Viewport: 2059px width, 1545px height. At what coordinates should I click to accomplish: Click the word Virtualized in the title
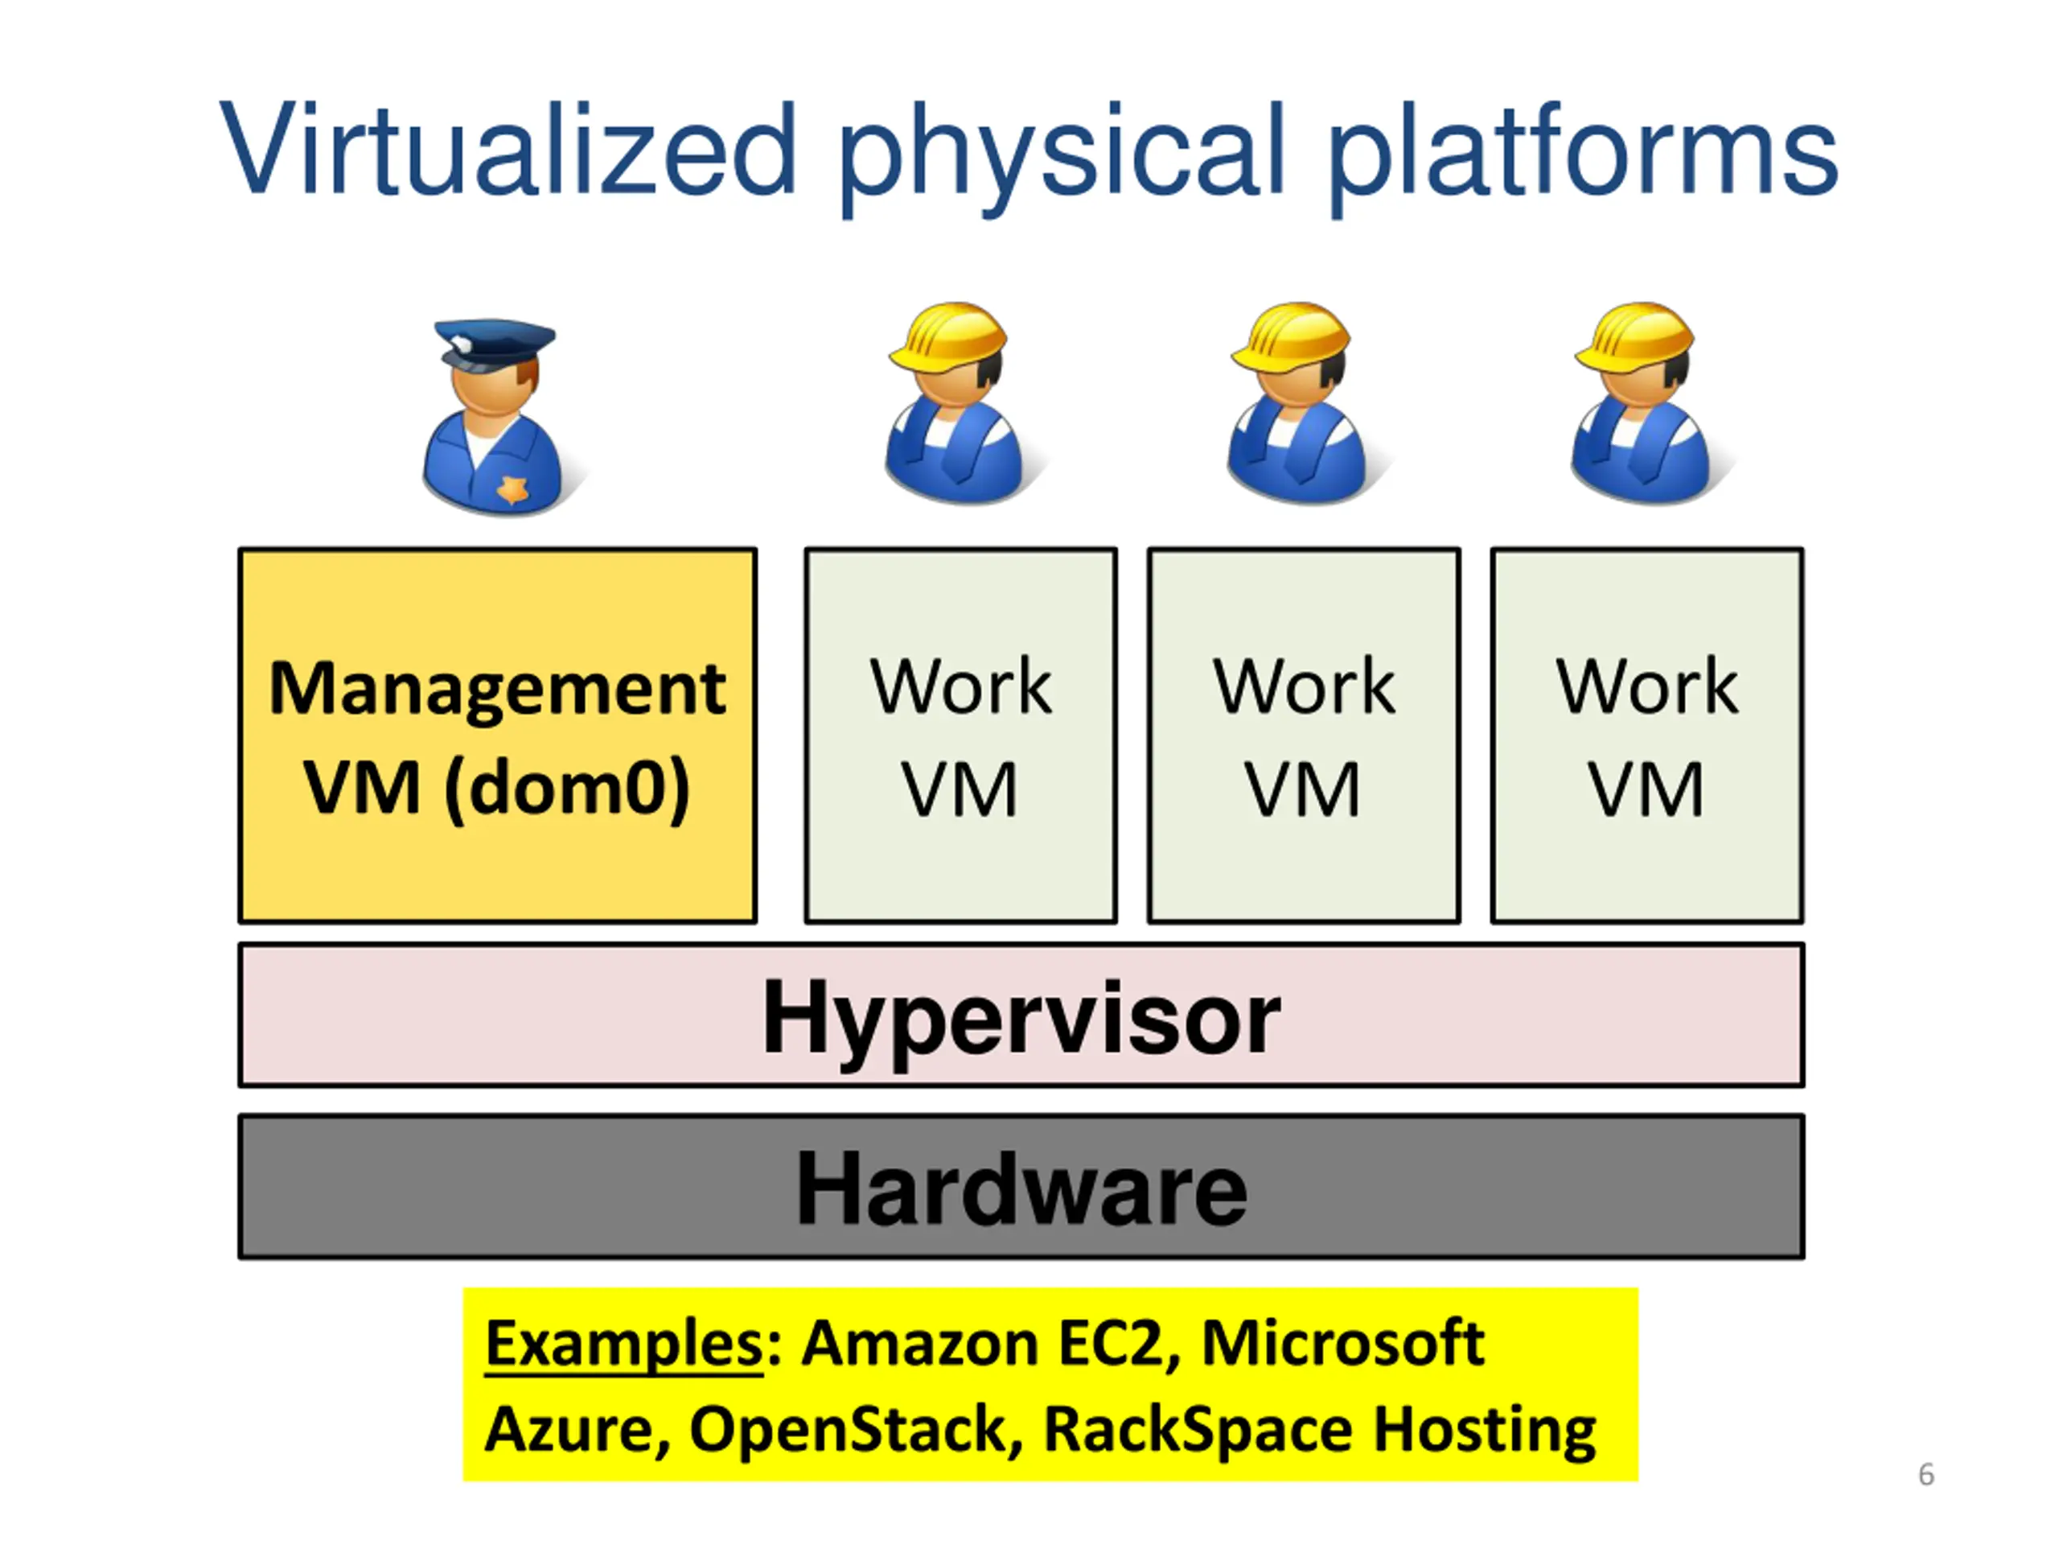pyautogui.click(x=508, y=149)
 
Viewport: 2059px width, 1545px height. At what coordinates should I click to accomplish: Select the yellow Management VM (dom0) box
pyautogui.click(x=498, y=735)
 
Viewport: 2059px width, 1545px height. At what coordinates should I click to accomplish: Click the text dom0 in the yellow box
pyautogui.click(x=567, y=788)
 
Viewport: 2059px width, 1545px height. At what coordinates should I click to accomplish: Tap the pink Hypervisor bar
pyautogui.click(x=1021, y=1015)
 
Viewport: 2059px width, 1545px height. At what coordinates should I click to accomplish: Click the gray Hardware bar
pyautogui.click(x=1021, y=1188)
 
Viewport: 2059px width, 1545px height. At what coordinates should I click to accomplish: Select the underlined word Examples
pyautogui.click(x=623, y=1344)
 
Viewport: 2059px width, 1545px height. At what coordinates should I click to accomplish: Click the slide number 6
pyautogui.click(x=1926, y=1474)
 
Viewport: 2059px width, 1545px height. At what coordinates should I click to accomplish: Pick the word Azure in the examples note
pyautogui.click(x=577, y=1429)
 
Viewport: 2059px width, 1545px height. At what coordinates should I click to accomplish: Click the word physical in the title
pyautogui.click(x=1061, y=159)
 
